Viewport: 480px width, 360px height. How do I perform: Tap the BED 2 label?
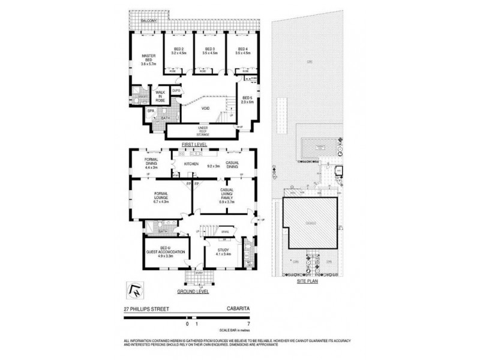179,51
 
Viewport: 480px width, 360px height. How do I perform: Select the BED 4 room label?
242,51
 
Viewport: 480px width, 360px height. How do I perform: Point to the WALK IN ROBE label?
160,96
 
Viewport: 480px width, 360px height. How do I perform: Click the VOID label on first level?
205,109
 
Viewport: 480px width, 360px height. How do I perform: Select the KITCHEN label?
191,163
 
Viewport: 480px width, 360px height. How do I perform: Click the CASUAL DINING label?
233,166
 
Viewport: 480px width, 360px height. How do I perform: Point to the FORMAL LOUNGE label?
161,197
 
